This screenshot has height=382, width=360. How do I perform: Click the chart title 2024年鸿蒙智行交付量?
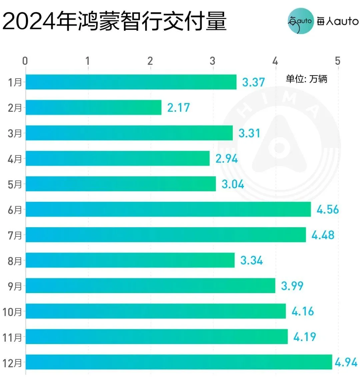pos(114,21)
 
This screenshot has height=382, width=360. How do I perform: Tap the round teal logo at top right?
pos(300,21)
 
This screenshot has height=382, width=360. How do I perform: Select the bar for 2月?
pos(93,107)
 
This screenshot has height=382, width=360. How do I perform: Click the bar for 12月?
pos(179,362)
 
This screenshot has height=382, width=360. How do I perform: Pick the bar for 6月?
pos(168,209)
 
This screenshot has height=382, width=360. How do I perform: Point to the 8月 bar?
pos(130,260)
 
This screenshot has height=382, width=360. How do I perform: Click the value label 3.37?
pos(253,82)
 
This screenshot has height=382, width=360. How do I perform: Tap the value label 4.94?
pos(346,362)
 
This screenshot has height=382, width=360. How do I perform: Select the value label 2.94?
pos(227,159)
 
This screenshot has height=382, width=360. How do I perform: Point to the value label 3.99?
pos(292,286)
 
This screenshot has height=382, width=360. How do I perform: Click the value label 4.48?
pos(323,235)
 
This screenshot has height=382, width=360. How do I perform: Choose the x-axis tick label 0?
pos(25,61)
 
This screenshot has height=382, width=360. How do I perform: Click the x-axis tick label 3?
pos(213,61)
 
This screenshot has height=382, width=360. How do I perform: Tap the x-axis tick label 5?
pos(338,61)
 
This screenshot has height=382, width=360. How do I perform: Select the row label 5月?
pos(15,184)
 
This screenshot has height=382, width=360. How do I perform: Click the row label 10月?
pos(12,312)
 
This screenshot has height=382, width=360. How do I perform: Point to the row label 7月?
pos(15,235)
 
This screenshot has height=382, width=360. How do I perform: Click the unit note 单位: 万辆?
pos(306,79)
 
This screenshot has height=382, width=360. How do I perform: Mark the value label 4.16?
pos(303,311)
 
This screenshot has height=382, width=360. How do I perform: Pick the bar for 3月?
pos(129,133)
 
